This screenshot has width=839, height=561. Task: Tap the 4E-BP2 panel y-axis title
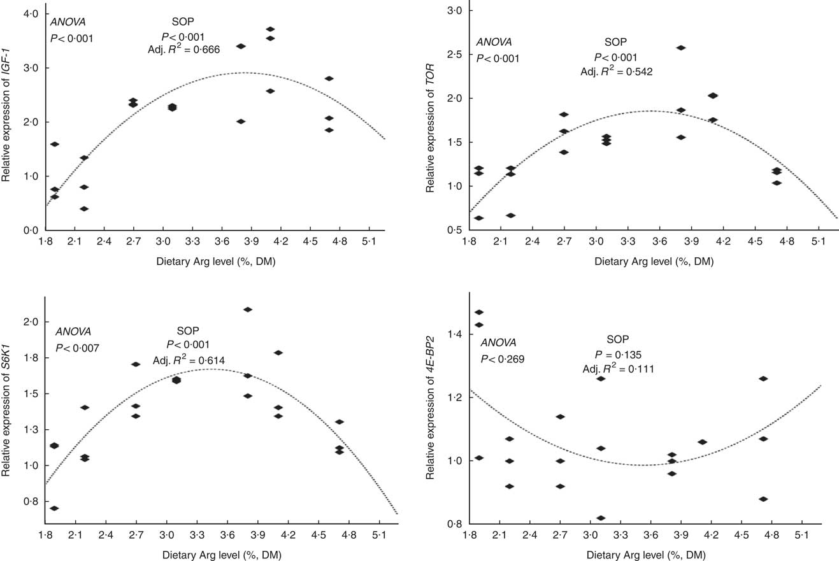tap(431, 408)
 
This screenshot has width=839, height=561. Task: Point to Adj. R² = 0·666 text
tap(183, 50)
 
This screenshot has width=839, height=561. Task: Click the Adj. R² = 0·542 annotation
tap(616, 71)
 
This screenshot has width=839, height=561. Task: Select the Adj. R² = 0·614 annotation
tap(189, 360)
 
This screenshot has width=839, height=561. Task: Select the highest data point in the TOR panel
tap(680, 48)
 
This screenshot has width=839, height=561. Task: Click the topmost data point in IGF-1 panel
tap(270, 29)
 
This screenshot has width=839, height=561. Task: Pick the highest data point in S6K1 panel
tap(248, 309)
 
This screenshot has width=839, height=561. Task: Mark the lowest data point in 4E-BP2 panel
tap(601, 518)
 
